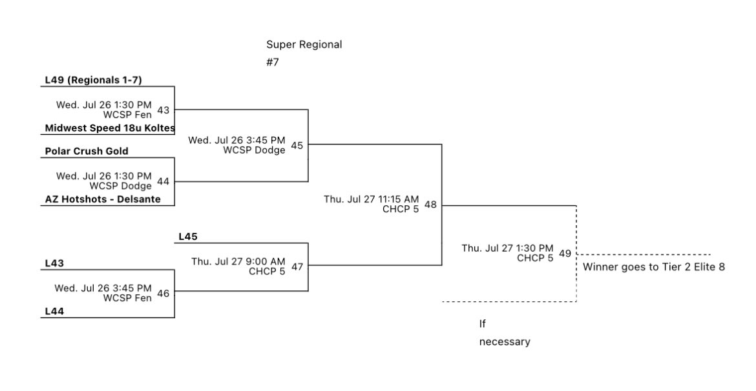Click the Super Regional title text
click(304, 45)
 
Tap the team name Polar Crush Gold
click(87, 151)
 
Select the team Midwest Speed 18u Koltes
click(109, 128)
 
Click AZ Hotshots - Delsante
click(102, 199)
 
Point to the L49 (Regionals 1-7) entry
click(93, 80)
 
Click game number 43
click(163, 110)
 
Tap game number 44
click(163, 181)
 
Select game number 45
click(297, 145)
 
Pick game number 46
click(163, 293)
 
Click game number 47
click(297, 266)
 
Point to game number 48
click(430, 205)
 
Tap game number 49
click(565, 253)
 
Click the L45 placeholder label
click(187, 237)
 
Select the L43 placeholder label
click(54, 263)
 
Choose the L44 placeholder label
click(54, 311)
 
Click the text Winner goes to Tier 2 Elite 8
click(653, 266)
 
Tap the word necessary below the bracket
click(504, 342)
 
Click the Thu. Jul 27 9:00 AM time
click(238, 261)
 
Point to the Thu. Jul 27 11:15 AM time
click(371, 199)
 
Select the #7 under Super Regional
click(273, 63)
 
